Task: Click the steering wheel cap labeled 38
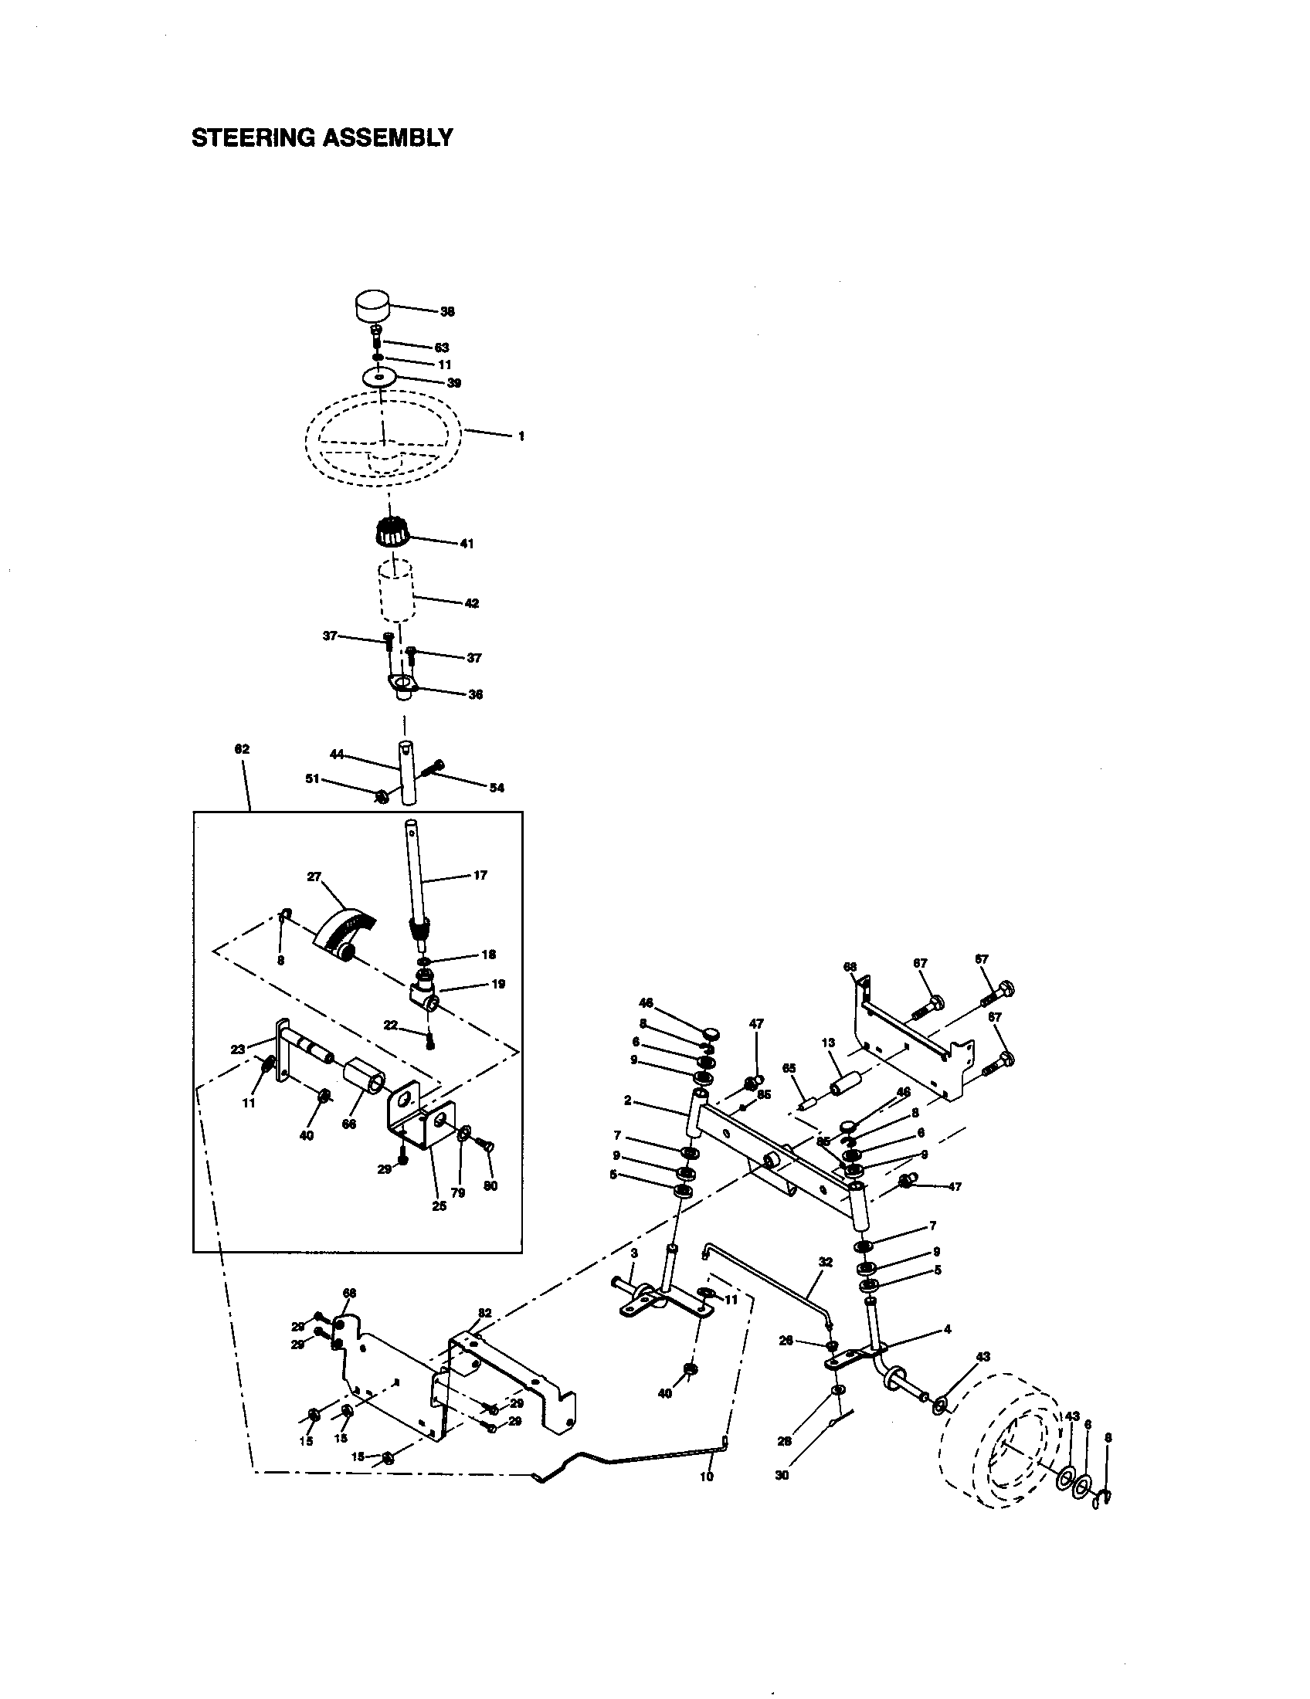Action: (372, 304)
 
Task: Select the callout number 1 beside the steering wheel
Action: (521, 436)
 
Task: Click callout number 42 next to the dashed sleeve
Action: (471, 603)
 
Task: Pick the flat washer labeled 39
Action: (379, 378)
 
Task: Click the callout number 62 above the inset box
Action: (242, 749)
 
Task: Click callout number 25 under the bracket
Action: (439, 1206)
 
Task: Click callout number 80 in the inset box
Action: (490, 1186)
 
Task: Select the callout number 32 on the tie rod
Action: (826, 1262)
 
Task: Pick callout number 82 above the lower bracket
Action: (484, 1312)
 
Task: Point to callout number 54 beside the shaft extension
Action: (497, 788)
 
